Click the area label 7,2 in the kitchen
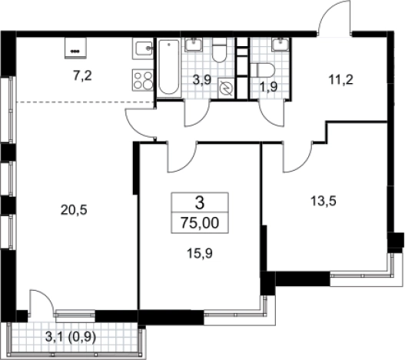83,76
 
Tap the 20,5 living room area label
74,210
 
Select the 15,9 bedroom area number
200,253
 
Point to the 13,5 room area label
324,201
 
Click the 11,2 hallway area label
340,80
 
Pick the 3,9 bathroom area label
202,80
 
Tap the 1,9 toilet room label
269,88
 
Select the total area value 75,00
200,223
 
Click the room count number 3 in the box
200,203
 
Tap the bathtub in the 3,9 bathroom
169,67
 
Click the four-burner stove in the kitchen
143,80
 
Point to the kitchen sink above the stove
143,48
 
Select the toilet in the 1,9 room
262,70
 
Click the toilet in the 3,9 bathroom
219,50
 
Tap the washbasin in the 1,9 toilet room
280,44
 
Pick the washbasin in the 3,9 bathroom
194,44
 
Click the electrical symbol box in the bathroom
226,88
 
